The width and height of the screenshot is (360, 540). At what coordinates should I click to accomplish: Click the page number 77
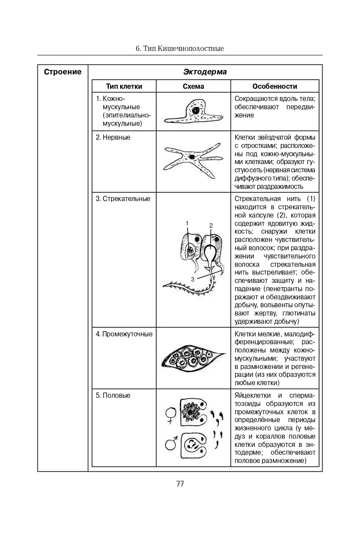click(180, 484)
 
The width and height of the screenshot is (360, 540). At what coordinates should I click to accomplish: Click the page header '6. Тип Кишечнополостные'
click(180, 48)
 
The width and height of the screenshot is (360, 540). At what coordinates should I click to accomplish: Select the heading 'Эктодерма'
click(205, 72)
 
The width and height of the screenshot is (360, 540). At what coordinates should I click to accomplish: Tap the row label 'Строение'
click(63, 72)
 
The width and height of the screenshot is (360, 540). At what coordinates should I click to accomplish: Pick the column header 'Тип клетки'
click(124, 86)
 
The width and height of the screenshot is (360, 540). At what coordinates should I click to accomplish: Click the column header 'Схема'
click(193, 86)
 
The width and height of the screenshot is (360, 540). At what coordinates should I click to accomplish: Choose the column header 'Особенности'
click(275, 86)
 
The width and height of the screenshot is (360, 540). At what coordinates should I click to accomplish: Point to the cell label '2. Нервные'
click(113, 138)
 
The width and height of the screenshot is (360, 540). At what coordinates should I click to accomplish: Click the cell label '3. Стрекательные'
click(123, 199)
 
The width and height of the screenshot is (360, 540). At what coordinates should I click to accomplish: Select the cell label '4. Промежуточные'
click(124, 334)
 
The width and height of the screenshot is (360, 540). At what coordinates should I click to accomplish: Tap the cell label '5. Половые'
click(113, 396)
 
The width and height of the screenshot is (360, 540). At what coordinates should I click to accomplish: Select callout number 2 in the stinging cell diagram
click(211, 225)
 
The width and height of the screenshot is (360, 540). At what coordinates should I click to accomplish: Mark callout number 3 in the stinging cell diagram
click(192, 279)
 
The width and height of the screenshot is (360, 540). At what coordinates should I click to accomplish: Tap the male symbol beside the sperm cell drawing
click(171, 444)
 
